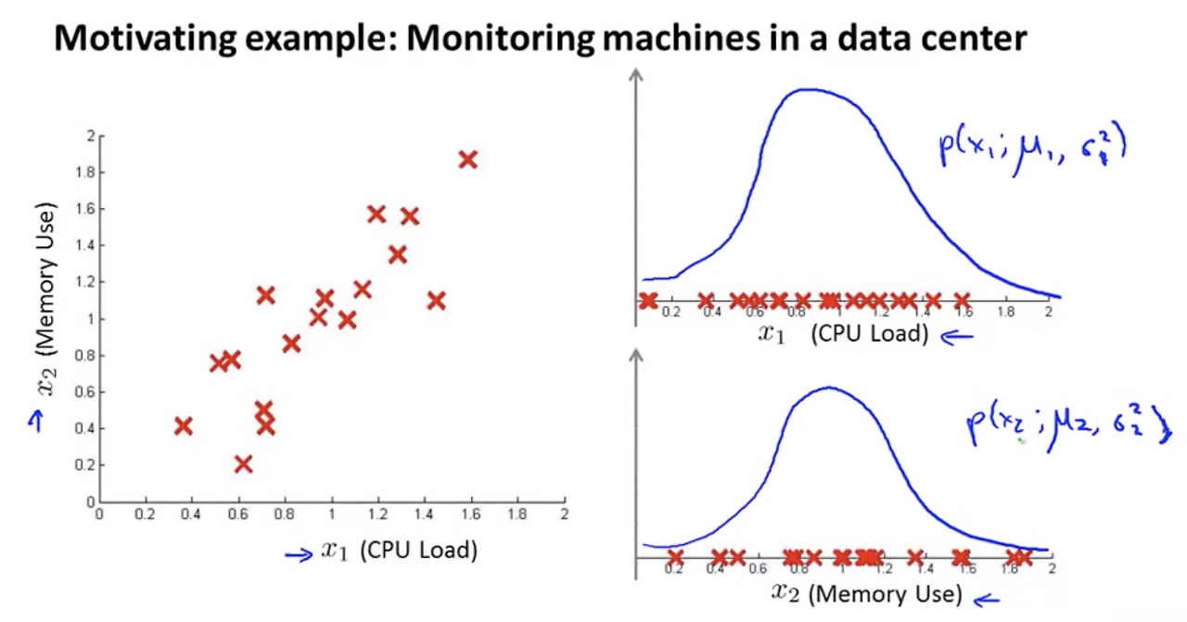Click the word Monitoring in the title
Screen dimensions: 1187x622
[498, 38]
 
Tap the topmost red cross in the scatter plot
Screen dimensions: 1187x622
[468, 160]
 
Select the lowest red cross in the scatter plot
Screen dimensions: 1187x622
[243, 464]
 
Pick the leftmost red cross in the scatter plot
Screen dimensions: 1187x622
[184, 426]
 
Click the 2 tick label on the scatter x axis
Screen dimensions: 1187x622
[565, 513]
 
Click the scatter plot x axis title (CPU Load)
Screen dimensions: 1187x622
[400, 551]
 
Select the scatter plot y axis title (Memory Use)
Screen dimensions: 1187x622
[46, 299]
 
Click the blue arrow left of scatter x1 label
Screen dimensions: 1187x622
[299, 555]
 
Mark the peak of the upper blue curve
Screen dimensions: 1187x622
[810, 90]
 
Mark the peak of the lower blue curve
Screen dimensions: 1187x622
[828, 387]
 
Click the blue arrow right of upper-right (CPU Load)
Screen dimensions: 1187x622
[957, 337]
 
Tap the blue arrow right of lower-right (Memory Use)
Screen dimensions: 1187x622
[986, 600]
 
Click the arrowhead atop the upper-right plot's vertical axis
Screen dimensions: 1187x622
[636, 75]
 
